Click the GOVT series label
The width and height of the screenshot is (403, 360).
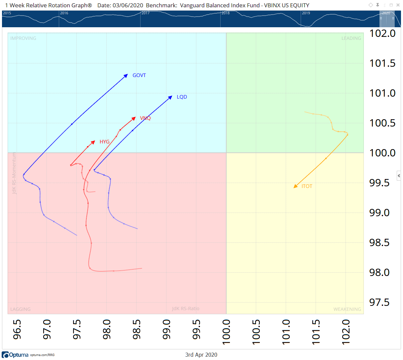coord(139,75)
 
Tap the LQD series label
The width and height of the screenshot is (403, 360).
coord(182,97)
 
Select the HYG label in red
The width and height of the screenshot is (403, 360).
coord(104,142)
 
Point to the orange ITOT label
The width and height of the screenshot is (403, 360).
coord(307,186)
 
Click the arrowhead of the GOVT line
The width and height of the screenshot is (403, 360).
coord(126,76)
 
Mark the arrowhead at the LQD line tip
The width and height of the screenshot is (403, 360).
coord(170,97)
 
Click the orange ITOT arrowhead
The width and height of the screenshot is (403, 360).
coord(295,186)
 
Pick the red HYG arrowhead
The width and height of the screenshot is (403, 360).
coord(93,142)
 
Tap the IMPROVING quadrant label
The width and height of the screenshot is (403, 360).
coord(23,38)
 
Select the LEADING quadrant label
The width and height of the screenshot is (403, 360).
coord(351,38)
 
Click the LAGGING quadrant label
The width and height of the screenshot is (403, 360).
coord(20,309)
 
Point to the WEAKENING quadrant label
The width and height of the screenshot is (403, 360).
coord(347,309)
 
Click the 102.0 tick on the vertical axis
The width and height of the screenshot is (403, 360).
coord(382,33)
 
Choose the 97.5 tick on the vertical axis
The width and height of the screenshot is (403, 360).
coord(382,302)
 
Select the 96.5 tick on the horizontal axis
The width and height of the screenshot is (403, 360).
coord(17,329)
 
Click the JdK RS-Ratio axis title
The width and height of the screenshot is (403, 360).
coord(186,309)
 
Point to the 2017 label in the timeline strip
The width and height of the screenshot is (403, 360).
coord(146,13)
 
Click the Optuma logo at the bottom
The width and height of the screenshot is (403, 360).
coord(15,355)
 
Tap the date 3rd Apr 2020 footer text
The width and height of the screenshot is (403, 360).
coord(201,355)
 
